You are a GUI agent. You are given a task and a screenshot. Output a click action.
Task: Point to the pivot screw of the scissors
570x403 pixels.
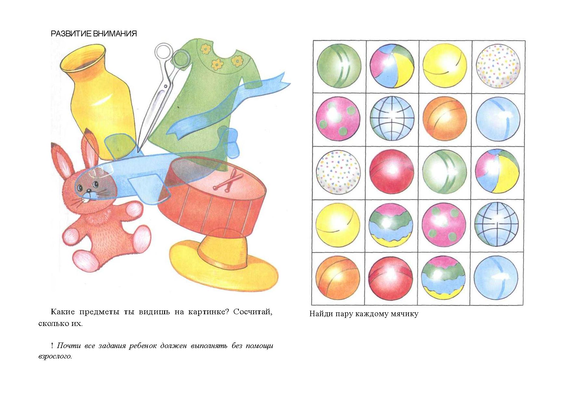click(166, 86)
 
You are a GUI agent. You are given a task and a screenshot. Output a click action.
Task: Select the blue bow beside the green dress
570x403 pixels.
click(232, 143)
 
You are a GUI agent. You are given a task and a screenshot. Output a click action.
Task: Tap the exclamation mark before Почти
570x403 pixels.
click(52, 346)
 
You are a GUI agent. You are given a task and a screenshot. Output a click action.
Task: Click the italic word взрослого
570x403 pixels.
click(55, 357)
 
